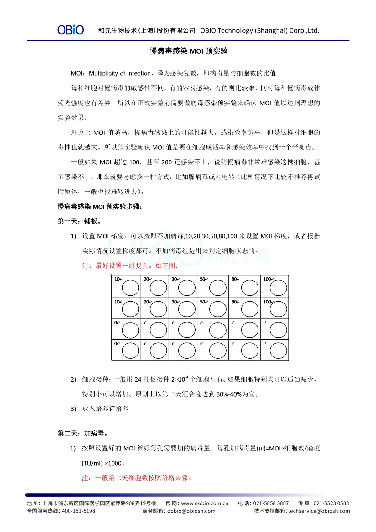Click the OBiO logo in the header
70,30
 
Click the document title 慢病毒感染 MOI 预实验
189,51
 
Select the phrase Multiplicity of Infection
120,73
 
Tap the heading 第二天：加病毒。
83,434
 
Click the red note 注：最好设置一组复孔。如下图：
130,266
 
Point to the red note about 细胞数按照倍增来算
137,478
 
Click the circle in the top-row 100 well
278,288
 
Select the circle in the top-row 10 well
130,288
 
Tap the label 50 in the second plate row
203,302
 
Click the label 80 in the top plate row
234,279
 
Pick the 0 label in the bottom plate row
116,344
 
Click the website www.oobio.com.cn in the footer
205,503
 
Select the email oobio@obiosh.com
191,511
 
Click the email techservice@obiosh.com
319,511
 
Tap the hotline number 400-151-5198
78,511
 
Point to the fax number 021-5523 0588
331,503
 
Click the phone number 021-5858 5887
271,503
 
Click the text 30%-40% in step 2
229,394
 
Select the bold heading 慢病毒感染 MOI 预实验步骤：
100,207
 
